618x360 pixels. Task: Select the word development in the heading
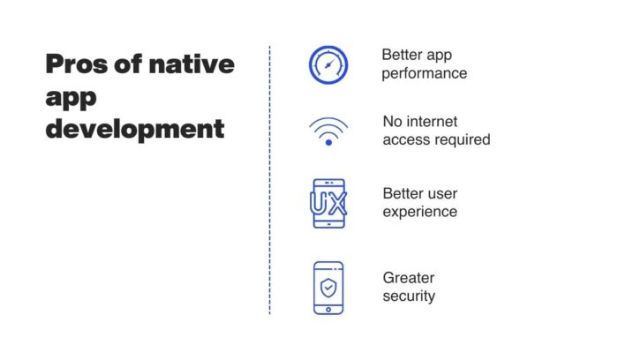(134, 129)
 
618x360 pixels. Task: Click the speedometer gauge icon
(328, 64)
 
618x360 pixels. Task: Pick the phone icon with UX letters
(328, 202)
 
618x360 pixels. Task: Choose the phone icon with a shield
(328, 288)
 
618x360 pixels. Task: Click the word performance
(424, 73)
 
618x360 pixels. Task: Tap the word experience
(419, 212)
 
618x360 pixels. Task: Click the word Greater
(409, 277)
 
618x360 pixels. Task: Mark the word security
(409, 296)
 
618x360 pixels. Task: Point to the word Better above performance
(403, 55)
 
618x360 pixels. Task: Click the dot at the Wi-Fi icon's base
(328, 141)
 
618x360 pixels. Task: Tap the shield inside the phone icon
(328, 287)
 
